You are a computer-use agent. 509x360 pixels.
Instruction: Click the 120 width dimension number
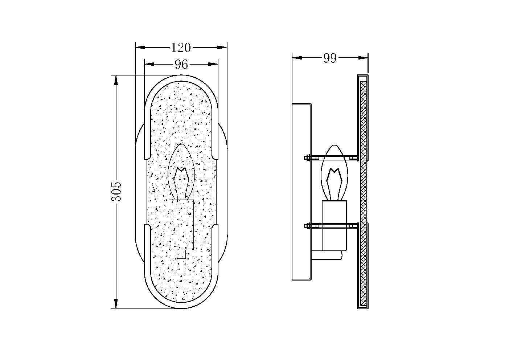(181, 48)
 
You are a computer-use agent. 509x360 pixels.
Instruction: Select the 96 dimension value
(181, 65)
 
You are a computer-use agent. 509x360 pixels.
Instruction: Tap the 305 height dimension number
(116, 192)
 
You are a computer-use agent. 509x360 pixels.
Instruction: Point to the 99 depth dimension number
(330, 58)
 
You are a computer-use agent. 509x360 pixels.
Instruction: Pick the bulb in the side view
(334, 173)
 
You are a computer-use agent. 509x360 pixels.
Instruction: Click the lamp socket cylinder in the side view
(334, 226)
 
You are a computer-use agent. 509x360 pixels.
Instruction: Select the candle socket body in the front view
(181, 225)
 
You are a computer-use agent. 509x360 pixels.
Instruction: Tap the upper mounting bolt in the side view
(332, 158)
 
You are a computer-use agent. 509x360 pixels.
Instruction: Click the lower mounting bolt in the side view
(332, 226)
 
